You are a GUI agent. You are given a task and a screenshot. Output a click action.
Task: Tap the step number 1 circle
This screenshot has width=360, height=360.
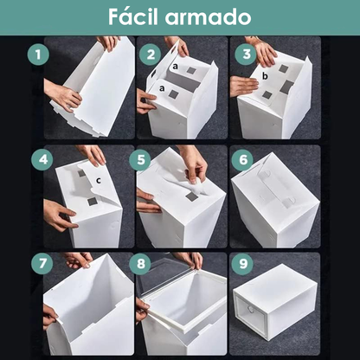(37, 55)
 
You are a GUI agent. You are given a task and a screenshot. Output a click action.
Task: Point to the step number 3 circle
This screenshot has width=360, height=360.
(247, 55)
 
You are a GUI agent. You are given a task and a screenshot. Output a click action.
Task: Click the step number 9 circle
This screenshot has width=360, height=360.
(245, 261)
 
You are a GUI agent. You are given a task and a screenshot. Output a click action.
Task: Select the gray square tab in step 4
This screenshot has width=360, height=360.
(92, 202)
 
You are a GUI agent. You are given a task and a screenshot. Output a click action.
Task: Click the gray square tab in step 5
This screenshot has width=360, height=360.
(191, 196)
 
